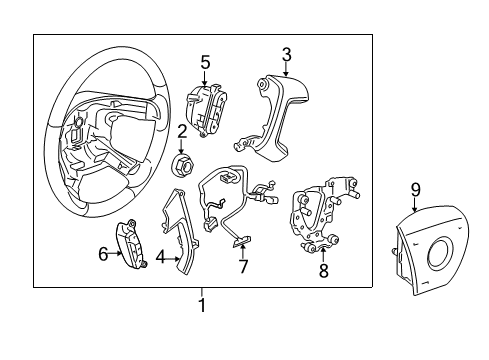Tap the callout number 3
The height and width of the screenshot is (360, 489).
(x=286, y=54)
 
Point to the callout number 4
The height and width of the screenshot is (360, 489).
(x=160, y=257)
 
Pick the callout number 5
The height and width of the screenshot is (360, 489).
(x=205, y=62)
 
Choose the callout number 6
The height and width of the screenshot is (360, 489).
(x=102, y=255)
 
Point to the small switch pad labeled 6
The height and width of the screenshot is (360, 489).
(x=132, y=240)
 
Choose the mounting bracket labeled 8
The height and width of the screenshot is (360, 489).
(x=320, y=215)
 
